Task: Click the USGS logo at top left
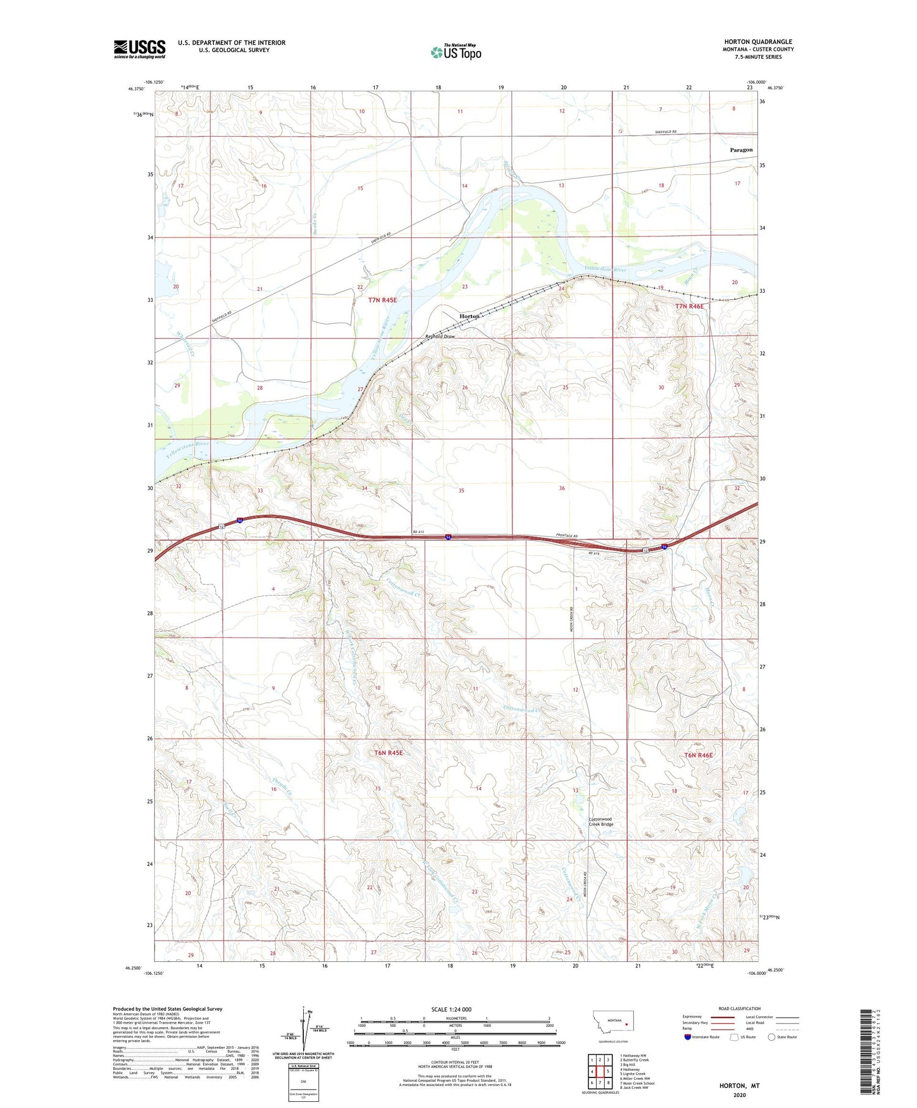[x=139, y=49]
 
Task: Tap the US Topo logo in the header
[x=456, y=53]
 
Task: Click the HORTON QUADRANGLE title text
[x=758, y=42]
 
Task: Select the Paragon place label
[x=741, y=150]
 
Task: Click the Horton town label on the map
[x=470, y=316]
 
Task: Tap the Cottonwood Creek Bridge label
[x=601, y=821]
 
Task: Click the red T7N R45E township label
[x=383, y=300]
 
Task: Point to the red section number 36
[x=561, y=488]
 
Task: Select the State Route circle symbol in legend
[x=772, y=1037]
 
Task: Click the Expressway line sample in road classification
[x=721, y=1017]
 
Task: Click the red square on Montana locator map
[x=627, y=1025]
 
